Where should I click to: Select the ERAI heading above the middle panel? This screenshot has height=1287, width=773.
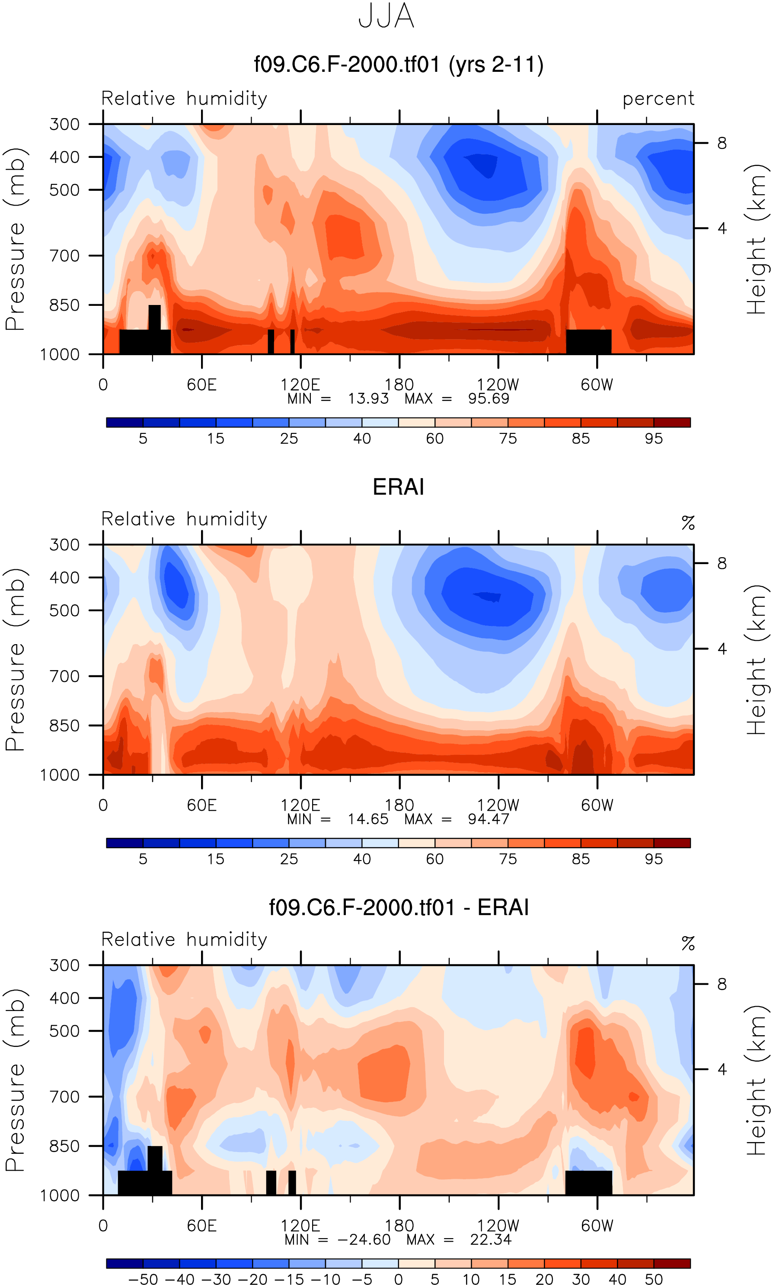399,487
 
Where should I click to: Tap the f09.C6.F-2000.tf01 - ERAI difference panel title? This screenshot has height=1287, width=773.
399,907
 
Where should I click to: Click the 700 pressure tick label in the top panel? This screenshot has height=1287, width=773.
64,256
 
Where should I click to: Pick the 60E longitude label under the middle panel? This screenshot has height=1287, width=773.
201,805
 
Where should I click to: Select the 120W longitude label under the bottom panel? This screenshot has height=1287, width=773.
498,1226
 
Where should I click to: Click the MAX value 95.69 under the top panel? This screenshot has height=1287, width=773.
488,398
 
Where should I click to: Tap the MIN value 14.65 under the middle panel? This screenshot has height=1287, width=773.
368,819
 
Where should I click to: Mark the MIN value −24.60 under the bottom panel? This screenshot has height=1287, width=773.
364,1239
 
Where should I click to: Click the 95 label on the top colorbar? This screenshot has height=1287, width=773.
654,439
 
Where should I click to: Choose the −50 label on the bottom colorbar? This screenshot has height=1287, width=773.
143,1280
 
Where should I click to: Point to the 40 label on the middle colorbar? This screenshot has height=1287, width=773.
362,859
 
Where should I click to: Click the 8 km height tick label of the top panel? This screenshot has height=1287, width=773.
722,143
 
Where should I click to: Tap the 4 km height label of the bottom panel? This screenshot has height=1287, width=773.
722,1069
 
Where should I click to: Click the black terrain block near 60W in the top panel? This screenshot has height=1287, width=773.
588,341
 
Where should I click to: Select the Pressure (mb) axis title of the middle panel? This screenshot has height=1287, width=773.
16,660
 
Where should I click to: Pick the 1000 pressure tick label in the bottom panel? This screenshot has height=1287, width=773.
60,1195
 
